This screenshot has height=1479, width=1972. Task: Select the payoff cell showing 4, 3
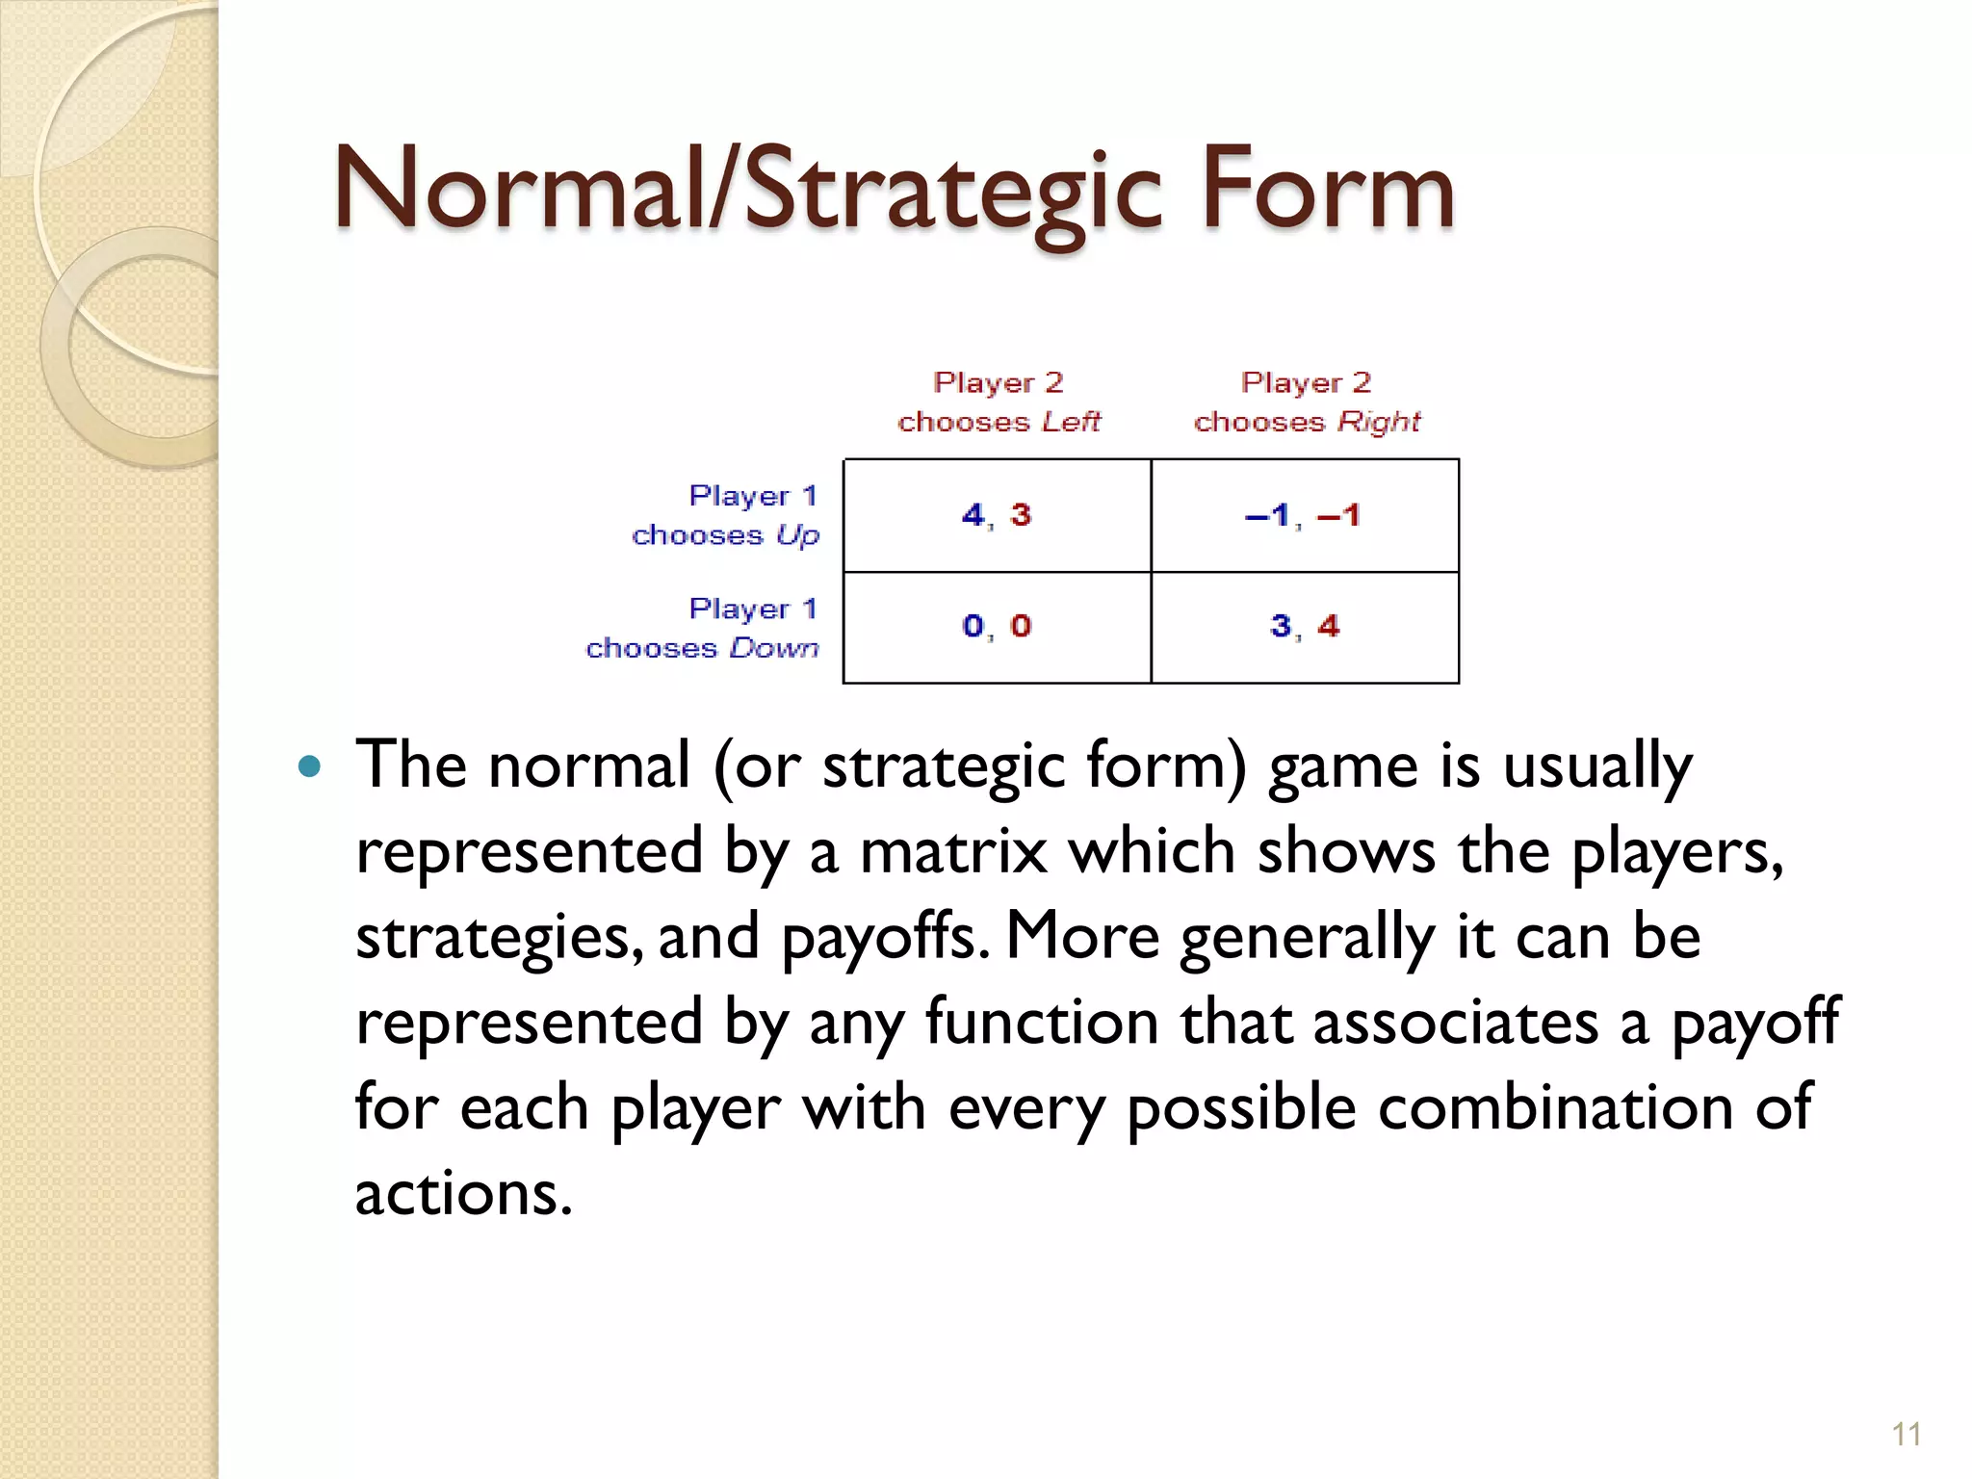997,515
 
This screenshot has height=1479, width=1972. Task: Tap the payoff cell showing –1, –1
1304,515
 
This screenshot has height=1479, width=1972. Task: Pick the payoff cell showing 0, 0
997,627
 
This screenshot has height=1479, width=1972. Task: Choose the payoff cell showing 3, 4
1304,627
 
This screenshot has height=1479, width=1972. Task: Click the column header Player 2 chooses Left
999,402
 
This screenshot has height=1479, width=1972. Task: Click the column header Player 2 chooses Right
1307,402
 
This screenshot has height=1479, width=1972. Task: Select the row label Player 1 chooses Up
726,515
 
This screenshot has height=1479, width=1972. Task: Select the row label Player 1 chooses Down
703,628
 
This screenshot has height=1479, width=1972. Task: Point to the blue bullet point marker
309,767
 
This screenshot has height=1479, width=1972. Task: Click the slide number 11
1906,1434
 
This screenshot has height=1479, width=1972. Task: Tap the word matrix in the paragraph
952,852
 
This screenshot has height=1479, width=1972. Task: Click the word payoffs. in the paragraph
886,937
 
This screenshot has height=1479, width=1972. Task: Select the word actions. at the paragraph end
463,1193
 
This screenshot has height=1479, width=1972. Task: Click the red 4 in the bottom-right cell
1329,626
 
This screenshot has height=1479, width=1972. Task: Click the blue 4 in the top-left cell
973,514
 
